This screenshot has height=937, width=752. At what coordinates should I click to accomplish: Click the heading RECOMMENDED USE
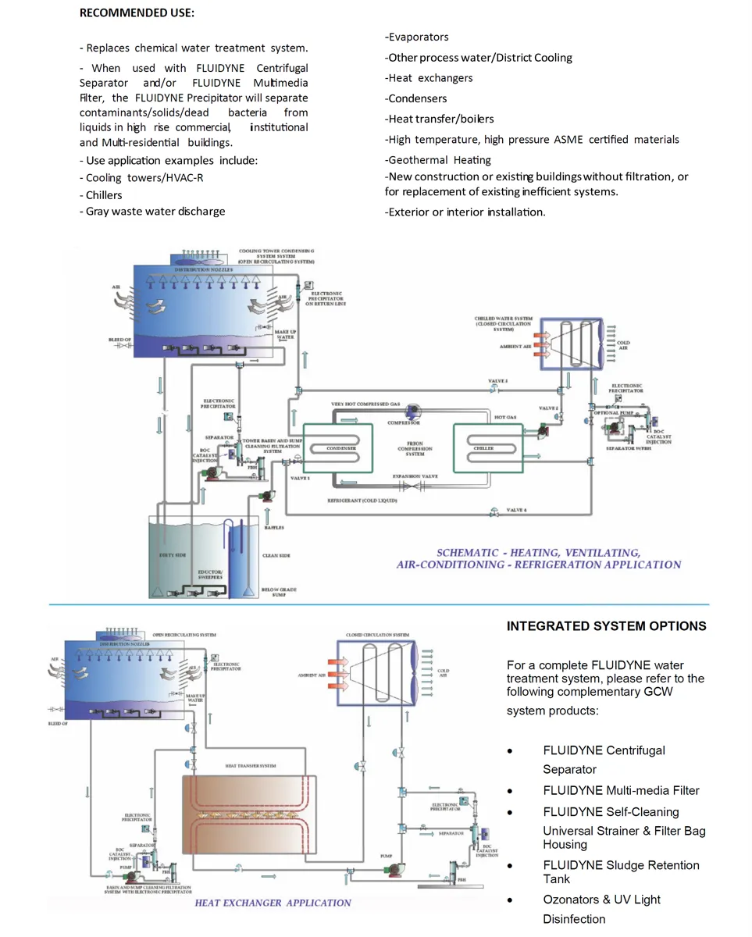[137, 13]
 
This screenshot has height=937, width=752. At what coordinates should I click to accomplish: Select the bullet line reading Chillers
[104, 195]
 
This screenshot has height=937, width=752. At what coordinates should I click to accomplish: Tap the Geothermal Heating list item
[440, 160]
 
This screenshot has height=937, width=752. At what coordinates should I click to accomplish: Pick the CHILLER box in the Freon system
[484, 449]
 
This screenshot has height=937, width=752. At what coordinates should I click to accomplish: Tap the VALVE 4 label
[516, 510]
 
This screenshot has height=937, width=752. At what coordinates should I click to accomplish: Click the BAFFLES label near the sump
[273, 528]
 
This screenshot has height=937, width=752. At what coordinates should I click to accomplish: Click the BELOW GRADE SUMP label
[279, 593]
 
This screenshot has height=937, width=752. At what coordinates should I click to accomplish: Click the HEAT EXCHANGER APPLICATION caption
[273, 903]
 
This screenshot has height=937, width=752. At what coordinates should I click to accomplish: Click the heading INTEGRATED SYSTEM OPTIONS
[606, 626]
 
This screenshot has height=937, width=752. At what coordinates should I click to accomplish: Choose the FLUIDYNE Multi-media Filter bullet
[621, 790]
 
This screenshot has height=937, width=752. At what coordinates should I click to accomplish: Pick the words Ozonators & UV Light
[601, 900]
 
